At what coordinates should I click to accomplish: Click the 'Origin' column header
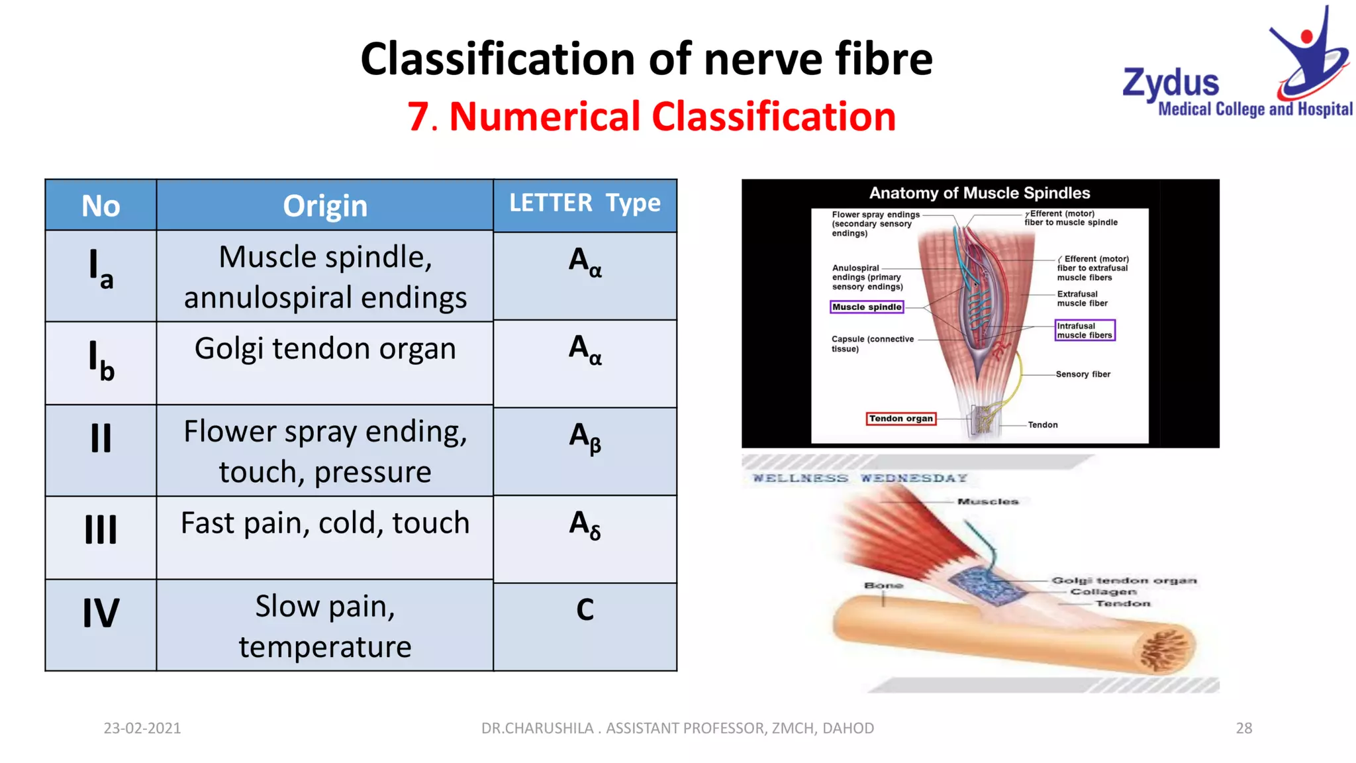[324, 206]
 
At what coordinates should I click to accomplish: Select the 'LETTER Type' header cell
[585, 203]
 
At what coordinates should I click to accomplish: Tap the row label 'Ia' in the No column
[101, 270]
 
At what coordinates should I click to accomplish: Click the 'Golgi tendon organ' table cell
[324, 349]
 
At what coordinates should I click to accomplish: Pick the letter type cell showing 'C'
[585, 610]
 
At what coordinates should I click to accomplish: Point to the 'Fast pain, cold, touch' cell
[324, 523]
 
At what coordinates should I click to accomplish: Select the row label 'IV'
[101, 613]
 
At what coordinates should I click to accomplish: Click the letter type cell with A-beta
[585, 437]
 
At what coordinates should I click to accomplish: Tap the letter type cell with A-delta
[585, 525]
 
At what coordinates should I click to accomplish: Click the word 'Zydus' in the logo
[1171, 83]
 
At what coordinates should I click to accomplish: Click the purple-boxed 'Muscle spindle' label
[867, 307]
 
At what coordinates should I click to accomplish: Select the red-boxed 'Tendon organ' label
[900, 419]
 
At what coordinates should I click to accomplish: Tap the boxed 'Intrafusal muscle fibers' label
[1085, 331]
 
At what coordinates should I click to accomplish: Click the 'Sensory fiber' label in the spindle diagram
[1083, 374]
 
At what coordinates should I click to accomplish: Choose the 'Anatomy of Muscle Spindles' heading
[979, 193]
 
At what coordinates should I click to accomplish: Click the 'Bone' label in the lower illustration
[883, 585]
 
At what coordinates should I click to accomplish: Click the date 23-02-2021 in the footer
[142, 728]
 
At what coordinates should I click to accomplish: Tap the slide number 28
[1243, 728]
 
